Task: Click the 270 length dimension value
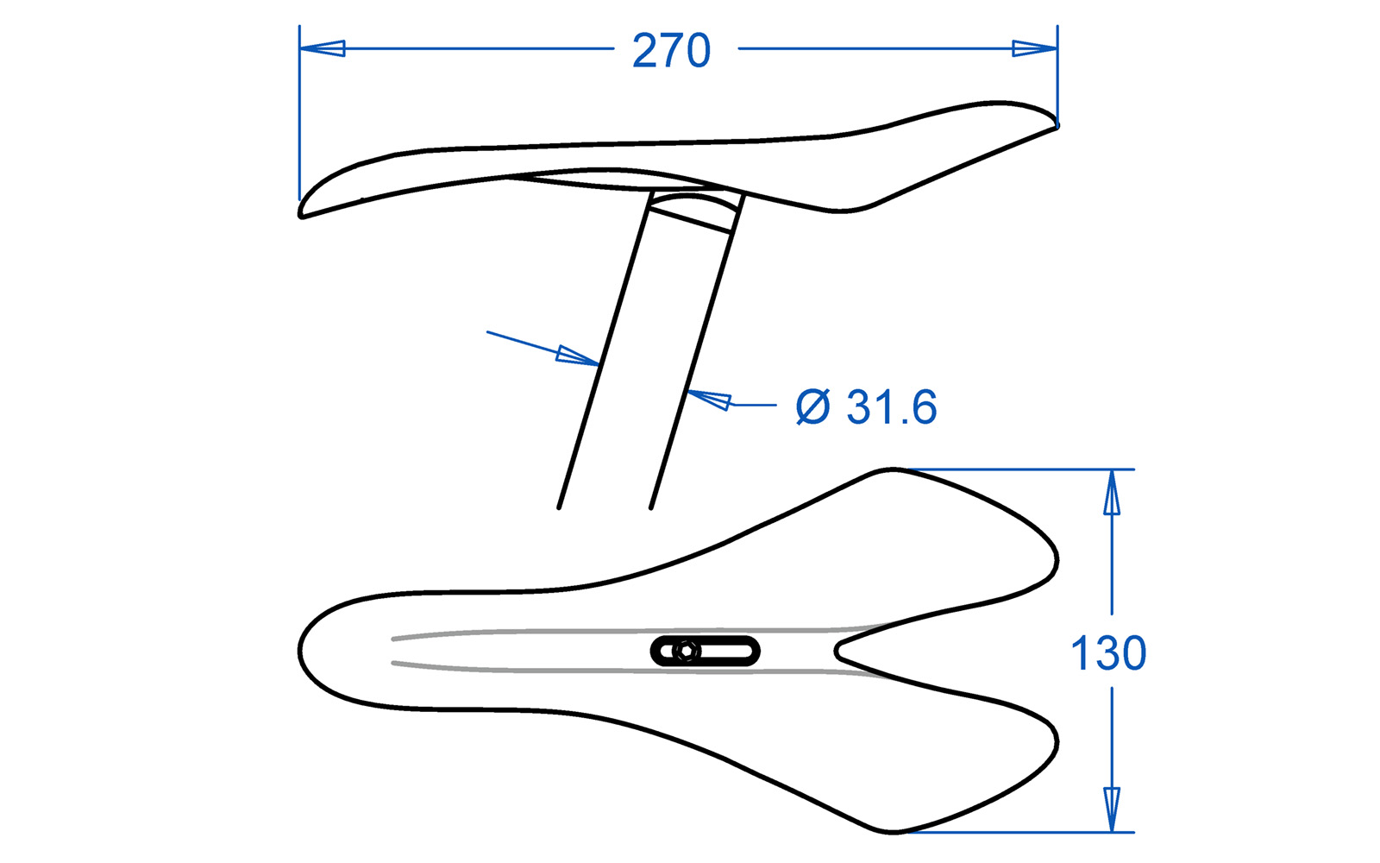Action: click(671, 51)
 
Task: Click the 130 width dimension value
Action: click(1108, 653)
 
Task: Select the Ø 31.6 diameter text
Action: click(866, 407)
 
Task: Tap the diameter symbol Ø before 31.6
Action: click(812, 407)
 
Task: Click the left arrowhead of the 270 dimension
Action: click(323, 48)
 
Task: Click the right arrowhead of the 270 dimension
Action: click(1034, 48)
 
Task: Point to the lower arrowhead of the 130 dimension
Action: click(1112, 809)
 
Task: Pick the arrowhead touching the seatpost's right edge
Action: click(709, 400)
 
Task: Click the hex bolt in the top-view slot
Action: click(687, 652)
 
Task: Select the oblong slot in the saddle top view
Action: click(706, 652)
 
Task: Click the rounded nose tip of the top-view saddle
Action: click(301, 649)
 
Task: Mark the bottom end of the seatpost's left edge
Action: click(560, 506)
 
